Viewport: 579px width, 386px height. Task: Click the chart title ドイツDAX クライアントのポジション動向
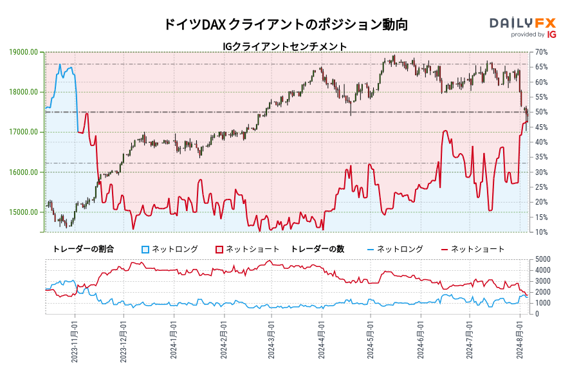[x=286, y=24]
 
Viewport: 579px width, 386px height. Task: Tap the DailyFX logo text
[x=522, y=23]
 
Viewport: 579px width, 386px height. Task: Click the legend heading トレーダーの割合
[x=83, y=249]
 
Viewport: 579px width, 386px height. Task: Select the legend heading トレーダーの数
[x=317, y=249]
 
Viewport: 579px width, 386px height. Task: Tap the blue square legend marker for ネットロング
[x=145, y=249]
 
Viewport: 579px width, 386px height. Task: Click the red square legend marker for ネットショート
[x=219, y=249]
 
